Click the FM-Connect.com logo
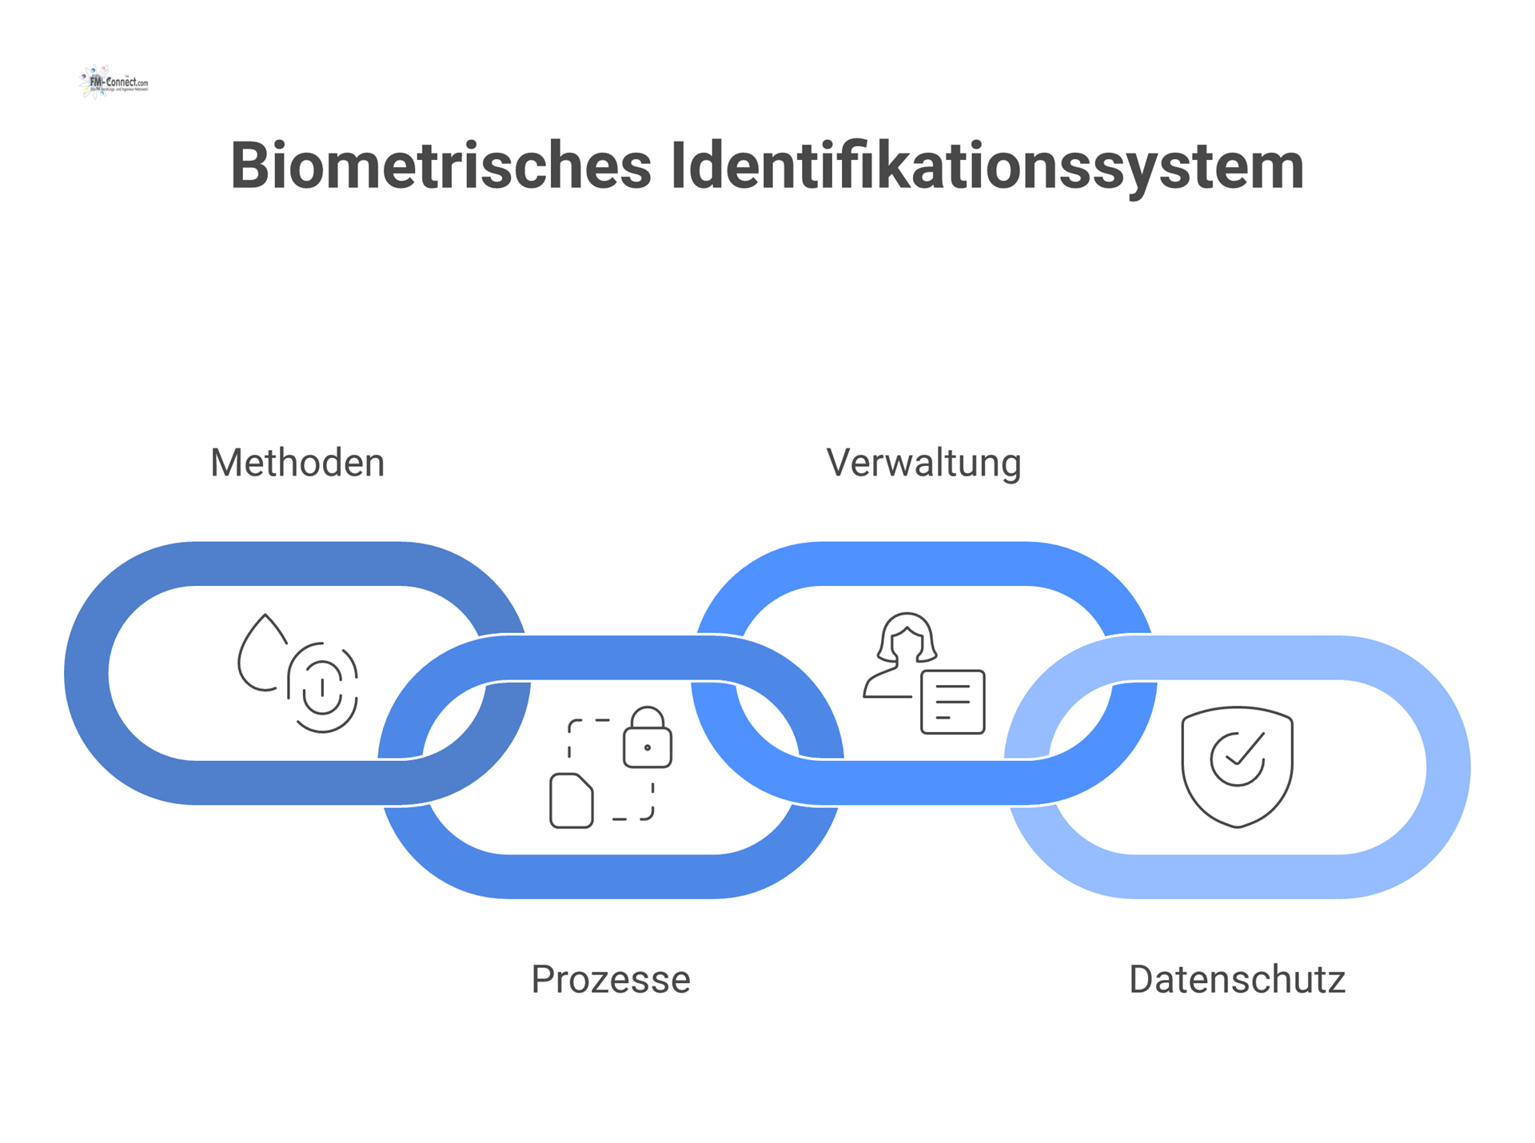tap(114, 82)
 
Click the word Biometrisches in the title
tap(441, 166)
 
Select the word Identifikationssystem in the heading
tap(987, 166)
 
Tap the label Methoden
tap(297, 463)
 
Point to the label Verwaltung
tap(923, 463)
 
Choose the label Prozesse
tap(611, 979)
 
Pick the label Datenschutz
tap(1237, 979)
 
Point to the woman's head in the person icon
tap(907, 637)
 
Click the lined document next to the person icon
tap(952, 702)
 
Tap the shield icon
tap(1237, 767)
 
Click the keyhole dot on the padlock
tap(648, 748)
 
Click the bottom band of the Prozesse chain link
tap(611, 876)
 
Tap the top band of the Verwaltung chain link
tap(923, 564)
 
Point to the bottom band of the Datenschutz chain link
tap(1237, 876)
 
